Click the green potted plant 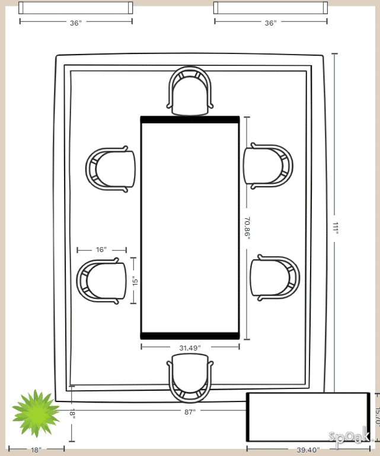pos(36,413)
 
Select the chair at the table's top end pos(190,91)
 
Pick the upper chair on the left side pos(111,169)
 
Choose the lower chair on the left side pos(102,281)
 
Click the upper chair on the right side pos(268,165)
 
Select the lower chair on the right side pos(274,276)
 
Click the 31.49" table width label pos(190,347)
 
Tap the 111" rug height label pos(335,228)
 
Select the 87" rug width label pos(190,412)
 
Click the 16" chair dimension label pos(101,250)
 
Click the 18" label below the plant pos(36,450)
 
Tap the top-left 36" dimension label pos(75,23)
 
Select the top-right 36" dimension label pos(270,23)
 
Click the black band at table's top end pos(190,120)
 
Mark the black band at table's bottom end pos(190,336)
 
